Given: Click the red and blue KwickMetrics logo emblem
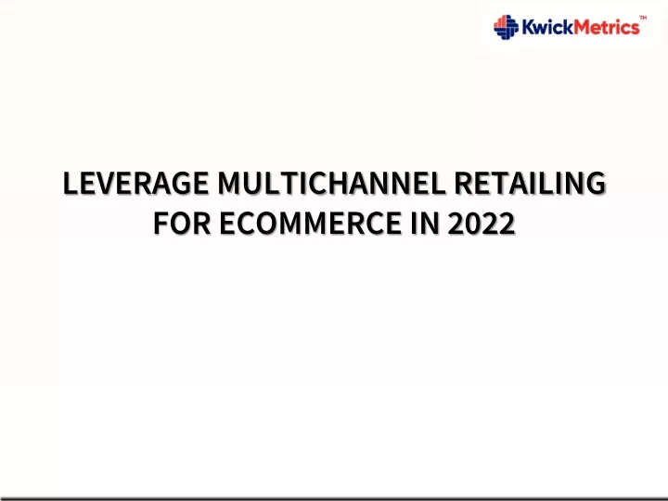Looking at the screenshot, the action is click(506, 27).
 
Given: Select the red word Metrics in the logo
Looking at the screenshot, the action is click(607, 27).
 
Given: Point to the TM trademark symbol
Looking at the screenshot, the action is click(643, 18).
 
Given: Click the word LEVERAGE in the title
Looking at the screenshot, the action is click(135, 183).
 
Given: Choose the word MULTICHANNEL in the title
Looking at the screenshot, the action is click(331, 183).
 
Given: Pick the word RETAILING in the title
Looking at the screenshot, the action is click(530, 183).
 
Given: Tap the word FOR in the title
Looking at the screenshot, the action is click(182, 223).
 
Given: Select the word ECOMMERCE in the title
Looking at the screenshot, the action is click(311, 223).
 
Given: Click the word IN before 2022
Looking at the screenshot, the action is click(425, 223).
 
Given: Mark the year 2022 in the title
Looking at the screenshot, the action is click(482, 223).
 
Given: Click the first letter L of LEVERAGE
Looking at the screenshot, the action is click(71, 183).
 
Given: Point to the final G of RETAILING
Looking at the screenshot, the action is click(595, 183).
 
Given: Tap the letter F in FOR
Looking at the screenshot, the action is click(161, 223).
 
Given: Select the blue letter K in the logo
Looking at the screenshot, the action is click(529, 27).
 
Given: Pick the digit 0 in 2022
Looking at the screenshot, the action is click(473, 223).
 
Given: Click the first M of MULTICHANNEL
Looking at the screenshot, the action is click(229, 183).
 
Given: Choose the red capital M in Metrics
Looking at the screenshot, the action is click(583, 27).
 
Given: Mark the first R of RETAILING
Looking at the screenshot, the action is click(463, 183).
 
